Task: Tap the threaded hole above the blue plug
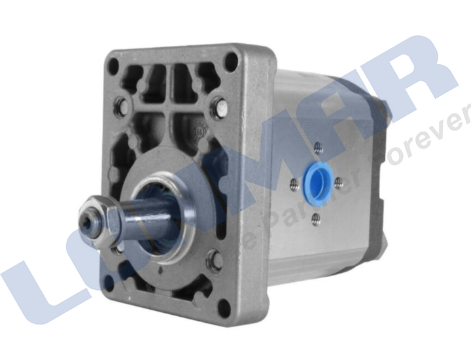tap(318, 147)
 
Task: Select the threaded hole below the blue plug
tap(315, 217)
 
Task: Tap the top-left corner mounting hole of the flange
tap(114, 64)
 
